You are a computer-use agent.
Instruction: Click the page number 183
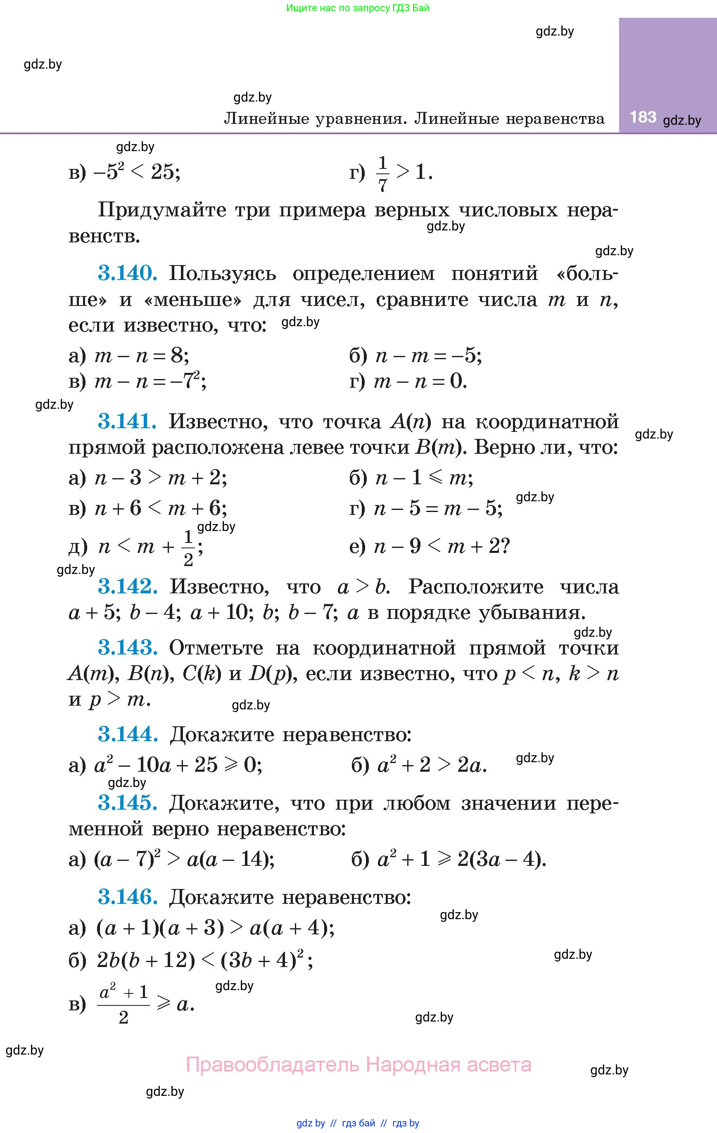click(x=643, y=117)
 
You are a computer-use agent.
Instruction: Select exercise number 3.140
click(x=128, y=273)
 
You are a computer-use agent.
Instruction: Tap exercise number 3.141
click(x=127, y=421)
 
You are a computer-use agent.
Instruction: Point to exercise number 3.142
click(x=128, y=586)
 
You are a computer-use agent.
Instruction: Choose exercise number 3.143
click(x=128, y=648)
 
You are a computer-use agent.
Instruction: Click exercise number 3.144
click(x=128, y=734)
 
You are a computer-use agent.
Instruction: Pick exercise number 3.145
click(x=128, y=803)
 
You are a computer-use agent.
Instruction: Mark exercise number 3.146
click(x=128, y=897)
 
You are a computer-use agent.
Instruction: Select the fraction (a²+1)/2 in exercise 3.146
click(x=123, y=1005)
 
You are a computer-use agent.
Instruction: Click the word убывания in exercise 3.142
click(x=532, y=613)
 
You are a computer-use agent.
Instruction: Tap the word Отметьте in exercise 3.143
click(x=216, y=648)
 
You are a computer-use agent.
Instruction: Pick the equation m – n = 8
click(x=142, y=356)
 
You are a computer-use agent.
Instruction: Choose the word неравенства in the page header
click(x=556, y=119)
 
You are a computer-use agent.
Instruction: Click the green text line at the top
click(x=358, y=8)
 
